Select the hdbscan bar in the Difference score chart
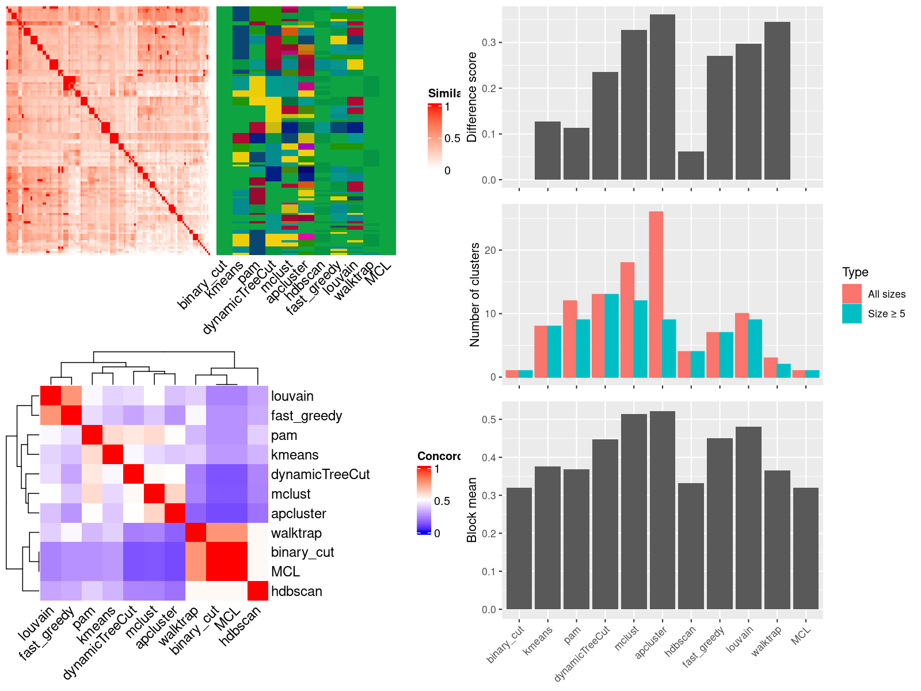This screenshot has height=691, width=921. (x=691, y=165)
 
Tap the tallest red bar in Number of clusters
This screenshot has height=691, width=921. (x=656, y=294)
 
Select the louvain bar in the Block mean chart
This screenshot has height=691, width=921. (x=748, y=518)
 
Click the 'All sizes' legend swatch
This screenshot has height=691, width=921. (x=852, y=294)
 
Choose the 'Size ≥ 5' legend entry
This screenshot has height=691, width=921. (x=886, y=314)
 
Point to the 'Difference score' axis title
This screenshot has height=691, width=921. (x=472, y=97)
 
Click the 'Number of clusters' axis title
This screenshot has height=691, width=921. (x=474, y=294)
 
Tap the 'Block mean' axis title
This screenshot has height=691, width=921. (x=472, y=510)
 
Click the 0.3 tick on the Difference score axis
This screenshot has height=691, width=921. (x=489, y=43)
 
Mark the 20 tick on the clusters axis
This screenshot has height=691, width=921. (x=490, y=250)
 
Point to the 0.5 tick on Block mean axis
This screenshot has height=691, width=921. (x=489, y=420)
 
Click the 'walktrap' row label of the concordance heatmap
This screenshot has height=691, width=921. (x=296, y=533)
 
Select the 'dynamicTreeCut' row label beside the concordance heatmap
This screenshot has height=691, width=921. (x=320, y=474)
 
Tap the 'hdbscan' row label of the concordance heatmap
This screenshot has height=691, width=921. (x=296, y=591)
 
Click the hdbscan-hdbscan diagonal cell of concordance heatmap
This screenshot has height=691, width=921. (x=258, y=591)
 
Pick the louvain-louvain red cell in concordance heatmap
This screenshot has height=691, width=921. (x=50, y=396)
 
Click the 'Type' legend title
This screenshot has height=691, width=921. (x=855, y=272)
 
